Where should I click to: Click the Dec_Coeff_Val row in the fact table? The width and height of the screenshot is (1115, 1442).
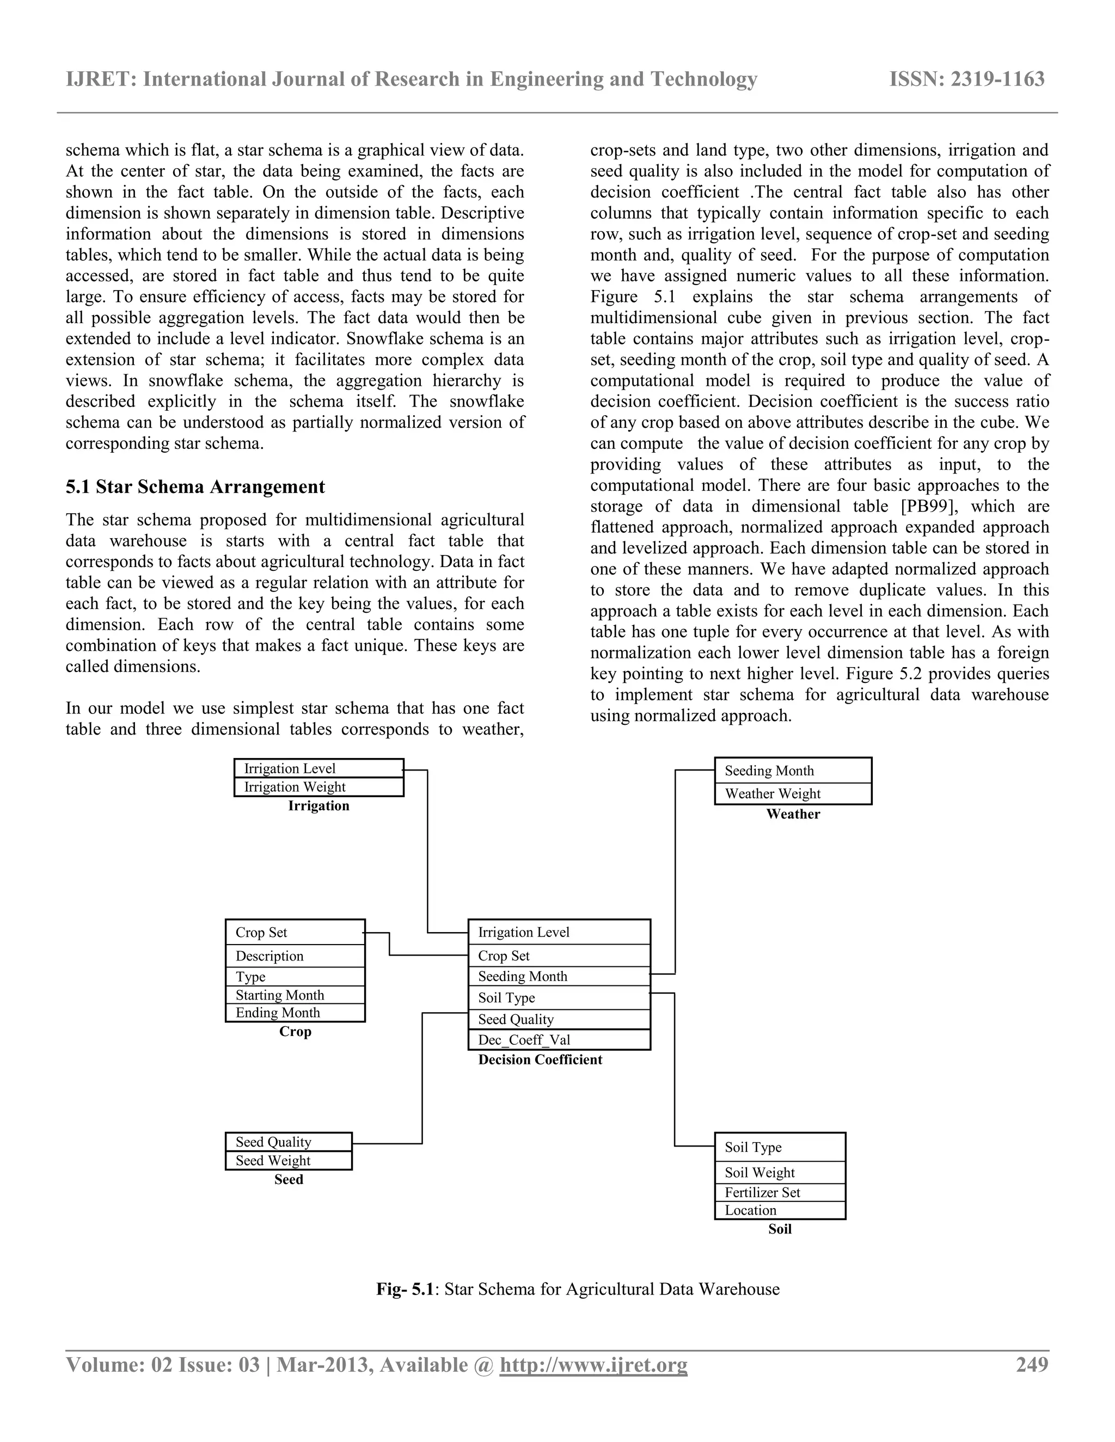tap(558, 1039)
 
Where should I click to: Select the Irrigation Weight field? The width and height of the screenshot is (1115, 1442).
tap(318, 786)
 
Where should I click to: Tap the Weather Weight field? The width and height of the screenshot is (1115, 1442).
tap(793, 793)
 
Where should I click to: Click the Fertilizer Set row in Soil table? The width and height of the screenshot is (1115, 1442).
tap(780, 1192)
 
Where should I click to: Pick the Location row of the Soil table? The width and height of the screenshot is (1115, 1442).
tap(780, 1210)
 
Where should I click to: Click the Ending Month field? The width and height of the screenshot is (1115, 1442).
tap(295, 1012)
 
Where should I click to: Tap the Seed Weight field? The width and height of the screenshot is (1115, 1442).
tap(288, 1160)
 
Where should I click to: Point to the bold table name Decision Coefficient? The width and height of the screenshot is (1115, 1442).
tap(540, 1059)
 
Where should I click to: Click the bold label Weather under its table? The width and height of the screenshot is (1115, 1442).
tap(793, 814)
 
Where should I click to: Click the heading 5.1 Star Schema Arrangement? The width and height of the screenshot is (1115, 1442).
tap(195, 486)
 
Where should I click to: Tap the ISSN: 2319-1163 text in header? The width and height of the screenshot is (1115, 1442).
tap(966, 79)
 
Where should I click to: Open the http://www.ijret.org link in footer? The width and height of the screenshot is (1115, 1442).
tap(593, 1365)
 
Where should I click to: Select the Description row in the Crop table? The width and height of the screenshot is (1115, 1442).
tap(295, 956)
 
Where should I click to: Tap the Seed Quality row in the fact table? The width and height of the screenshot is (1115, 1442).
tap(558, 1019)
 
